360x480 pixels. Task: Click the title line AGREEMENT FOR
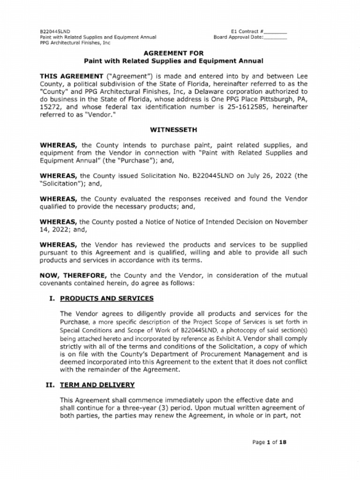[x=173, y=53]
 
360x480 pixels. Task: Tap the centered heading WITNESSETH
[x=173, y=129]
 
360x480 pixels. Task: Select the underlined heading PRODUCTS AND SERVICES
[x=106, y=298]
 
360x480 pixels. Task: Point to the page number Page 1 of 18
[x=269, y=442]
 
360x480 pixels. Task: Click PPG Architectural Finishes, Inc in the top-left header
[x=75, y=42]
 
